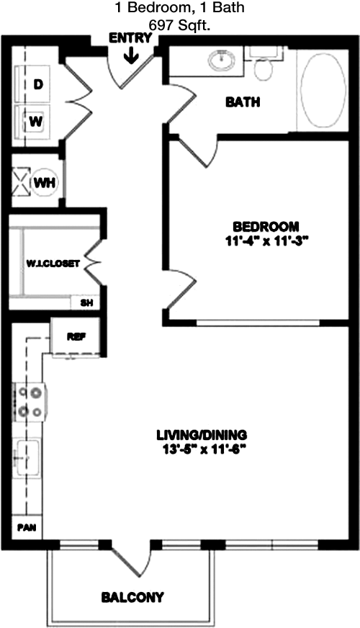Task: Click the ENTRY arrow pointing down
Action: tap(131, 55)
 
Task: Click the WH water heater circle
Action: tap(45, 183)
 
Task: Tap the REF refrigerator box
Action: tap(76, 336)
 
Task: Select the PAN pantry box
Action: tap(27, 526)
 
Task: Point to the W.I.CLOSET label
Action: tap(53, 264)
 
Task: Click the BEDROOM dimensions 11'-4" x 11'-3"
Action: tap(266, 242)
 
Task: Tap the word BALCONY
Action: tap(132, 598)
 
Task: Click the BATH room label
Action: tap(243, 102)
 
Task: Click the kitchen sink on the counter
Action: tap(27, 457)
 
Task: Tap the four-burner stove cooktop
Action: tap(30, 402)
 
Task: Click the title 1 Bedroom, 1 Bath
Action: tap(180, 8)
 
